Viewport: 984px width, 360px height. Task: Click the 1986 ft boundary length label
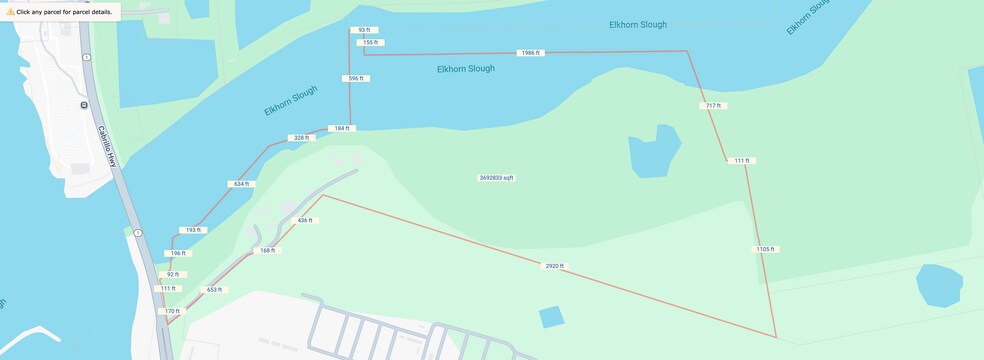tap(530, 52)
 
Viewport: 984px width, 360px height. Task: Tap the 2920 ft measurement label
tap(554, 266)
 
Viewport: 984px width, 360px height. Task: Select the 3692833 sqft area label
tap(496, 178)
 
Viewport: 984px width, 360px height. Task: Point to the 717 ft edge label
tap(712, 105)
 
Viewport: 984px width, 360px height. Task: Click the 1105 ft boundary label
tap(765, 249)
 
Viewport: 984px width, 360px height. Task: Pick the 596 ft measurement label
tap(353, 78)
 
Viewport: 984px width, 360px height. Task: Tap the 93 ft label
tap(363, 31)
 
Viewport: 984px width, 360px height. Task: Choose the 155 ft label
tap(370, 43)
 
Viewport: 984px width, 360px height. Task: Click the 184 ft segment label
tap(341, 128)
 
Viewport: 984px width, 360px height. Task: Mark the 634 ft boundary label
tap(241, 184)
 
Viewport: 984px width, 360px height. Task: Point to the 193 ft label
tap(193, 230)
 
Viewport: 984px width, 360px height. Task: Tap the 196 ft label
tap(177, 253)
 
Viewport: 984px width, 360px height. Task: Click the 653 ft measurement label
tap(214, 290)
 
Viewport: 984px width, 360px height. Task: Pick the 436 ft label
tap(305, 220)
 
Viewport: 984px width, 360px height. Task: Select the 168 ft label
tap(266, 250)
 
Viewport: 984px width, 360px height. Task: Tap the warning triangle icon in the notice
tap(10, 12)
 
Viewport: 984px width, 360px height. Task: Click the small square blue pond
tap(551, 317)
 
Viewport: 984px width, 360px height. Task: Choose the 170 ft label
tap(172, 311)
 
